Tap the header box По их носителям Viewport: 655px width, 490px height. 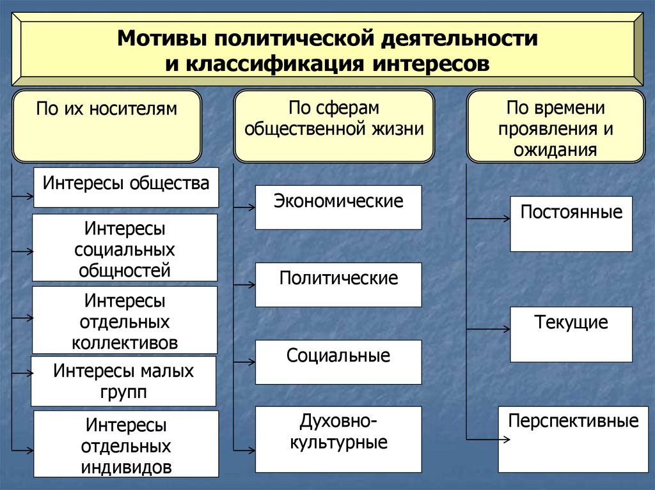(x=106, y=126)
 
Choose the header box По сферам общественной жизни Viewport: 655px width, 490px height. (x=334, y=126)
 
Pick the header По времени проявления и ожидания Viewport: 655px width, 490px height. (x=555, y=126)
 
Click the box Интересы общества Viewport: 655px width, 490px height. (x=126, y=187)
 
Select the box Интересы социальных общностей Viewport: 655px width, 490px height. (x=125, y=248)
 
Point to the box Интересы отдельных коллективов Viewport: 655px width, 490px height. (x=125, y=320)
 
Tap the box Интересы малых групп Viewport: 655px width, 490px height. (x=123, y=381)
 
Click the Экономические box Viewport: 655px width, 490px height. (x=338, y=207)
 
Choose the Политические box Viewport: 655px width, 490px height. (x=338, y=284)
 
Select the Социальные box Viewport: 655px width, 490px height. (x=338, y=362)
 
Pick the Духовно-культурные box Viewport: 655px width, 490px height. (x=338, y=439)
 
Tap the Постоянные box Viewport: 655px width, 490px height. (x=571, y=224)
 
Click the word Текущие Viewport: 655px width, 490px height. (x=571, y=323)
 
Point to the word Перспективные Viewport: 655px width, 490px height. (x=573, y=422)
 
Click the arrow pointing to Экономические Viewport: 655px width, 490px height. (x=244, y=206)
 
